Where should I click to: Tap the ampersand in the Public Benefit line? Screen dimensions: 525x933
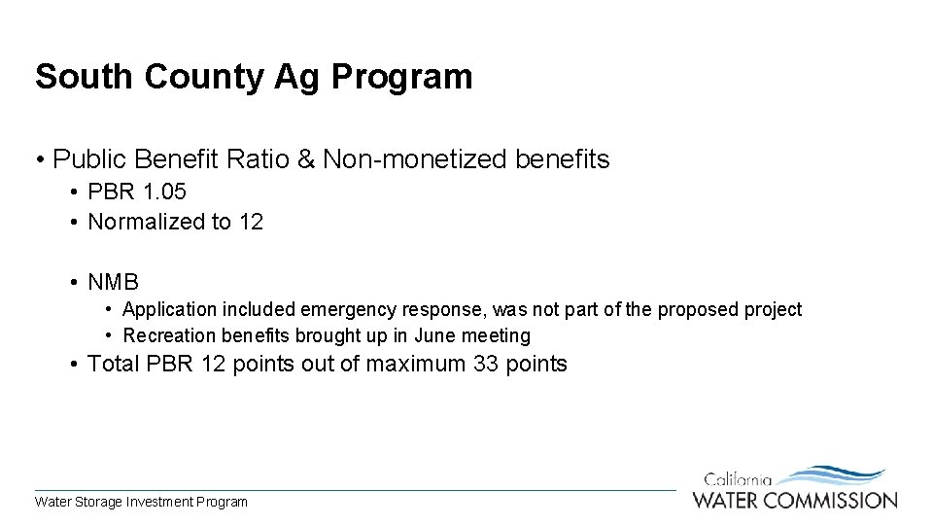coord(305,159)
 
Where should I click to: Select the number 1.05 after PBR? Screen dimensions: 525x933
coord(163,192)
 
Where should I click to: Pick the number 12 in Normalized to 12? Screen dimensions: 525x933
coord(250,222)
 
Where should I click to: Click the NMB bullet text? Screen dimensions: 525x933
coord(113,283)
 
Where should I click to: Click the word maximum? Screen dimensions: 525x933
coord(416,365)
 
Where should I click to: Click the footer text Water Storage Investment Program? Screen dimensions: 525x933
coord(141,503)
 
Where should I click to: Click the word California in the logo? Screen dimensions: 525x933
coord(738,479)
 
